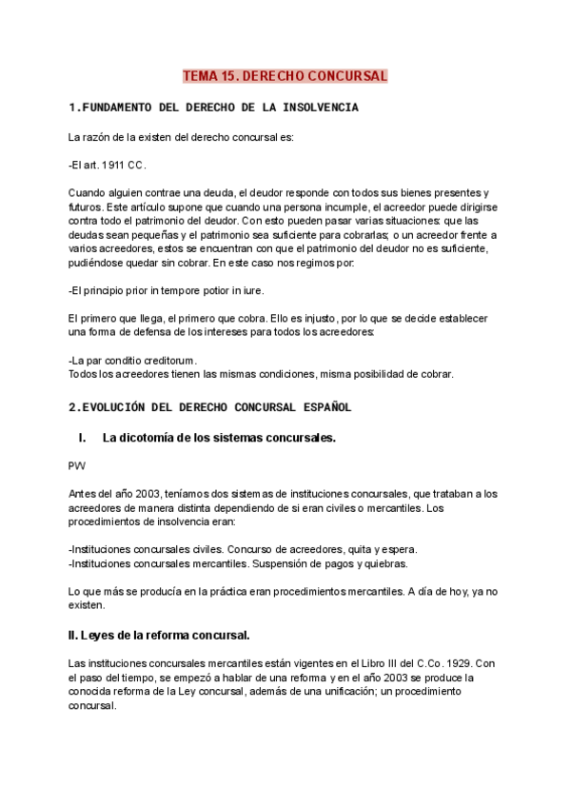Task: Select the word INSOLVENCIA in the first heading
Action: click(x=315, y=108)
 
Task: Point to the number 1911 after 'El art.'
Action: click(x=117, y=165)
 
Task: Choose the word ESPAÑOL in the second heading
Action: click(x=321, y=407)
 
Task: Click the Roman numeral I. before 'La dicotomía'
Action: click(x=83, y=438)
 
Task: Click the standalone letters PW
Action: click(x=77, y=466)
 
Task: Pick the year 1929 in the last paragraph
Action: click(x=457, y=662)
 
